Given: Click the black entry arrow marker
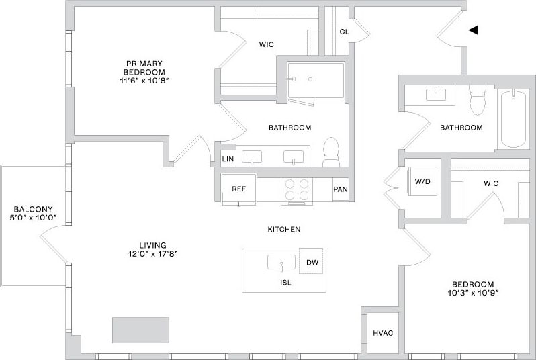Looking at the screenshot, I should pos(473,30).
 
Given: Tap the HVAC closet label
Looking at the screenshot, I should pos(383,334).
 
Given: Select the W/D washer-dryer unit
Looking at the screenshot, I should pos(422,182).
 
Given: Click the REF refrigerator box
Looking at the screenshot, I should pos(239,189).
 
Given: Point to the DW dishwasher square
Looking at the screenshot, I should pos(312,262).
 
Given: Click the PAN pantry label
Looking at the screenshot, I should pos(341,189).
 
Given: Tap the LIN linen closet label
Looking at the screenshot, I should pos(227,159).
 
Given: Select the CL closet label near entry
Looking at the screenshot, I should pos(344,32).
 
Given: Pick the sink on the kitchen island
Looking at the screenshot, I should pos(281,261).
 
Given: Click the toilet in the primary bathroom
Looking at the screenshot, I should pos(332,152).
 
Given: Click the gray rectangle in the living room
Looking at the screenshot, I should pos(140,330).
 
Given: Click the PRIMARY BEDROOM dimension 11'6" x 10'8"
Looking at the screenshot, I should pos(144,81).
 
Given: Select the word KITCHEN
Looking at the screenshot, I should pos(283,230).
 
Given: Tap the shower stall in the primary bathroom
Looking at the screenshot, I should pos(314,81).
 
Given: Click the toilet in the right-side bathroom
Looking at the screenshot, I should pos(478,100).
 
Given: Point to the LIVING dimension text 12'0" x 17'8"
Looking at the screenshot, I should pos(149,254).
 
